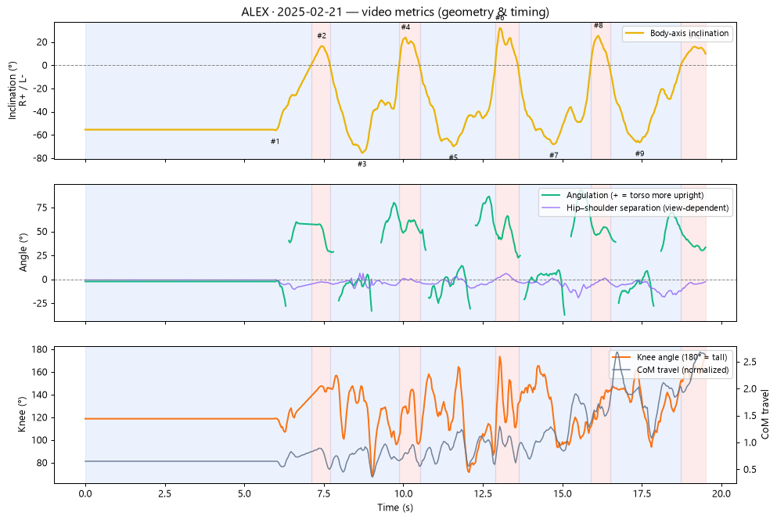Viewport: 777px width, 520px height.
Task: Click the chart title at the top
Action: (x=395, y=12)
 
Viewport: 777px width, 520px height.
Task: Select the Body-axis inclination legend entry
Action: (x=678, y=33)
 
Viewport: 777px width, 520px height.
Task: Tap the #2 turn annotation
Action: (x=322, y=36)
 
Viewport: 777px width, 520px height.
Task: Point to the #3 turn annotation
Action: (x=362, y=164)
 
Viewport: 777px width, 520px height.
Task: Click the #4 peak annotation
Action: (x=406, y=27)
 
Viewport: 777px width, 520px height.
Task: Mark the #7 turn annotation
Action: (x=554, y=155)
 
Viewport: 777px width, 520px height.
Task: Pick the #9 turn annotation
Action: (x=640, y=153)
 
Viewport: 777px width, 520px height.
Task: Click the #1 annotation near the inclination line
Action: (x=275, y=142)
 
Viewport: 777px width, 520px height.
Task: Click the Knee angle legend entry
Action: (x=670, y=357)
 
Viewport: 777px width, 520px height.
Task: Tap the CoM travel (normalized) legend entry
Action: (x=671, y=370)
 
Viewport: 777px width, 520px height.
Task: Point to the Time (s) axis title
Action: (x=395, y=507)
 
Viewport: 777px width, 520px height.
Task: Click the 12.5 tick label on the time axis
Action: (x=483, y=493)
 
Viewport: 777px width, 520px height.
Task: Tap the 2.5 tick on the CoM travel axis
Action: (x=750, y=363)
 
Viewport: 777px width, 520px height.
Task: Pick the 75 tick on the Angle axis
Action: (x=43, y=208)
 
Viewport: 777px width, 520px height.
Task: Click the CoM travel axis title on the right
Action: (x=765, y=414)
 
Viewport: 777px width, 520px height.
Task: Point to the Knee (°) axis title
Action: (x=22, y=414)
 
